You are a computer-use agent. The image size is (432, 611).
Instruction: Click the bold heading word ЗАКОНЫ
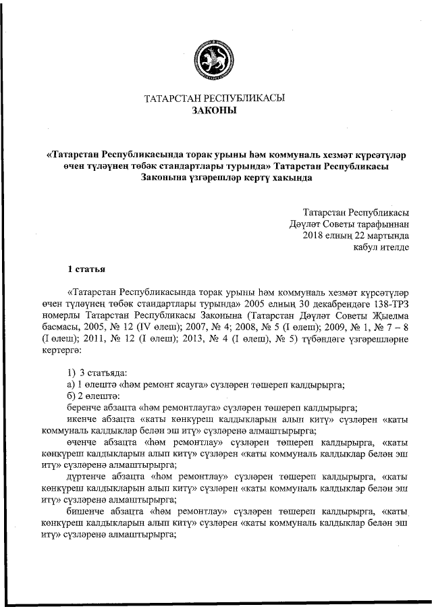coord(215,110)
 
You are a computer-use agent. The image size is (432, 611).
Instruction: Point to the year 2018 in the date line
coord(315,235)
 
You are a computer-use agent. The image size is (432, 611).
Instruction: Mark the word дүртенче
coord(88,477)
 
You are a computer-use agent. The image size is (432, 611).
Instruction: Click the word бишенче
coord(87,511)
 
